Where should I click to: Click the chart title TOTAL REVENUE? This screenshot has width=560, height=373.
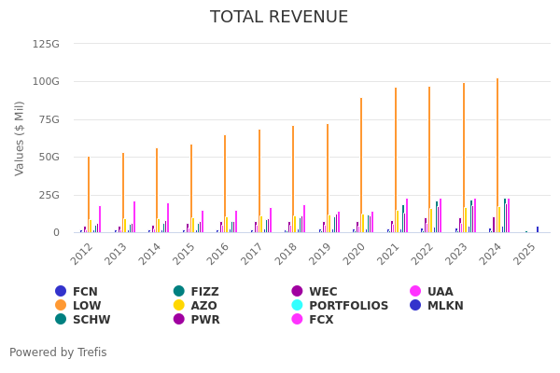point(279,18)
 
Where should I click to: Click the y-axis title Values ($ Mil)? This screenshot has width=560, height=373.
point(20,138)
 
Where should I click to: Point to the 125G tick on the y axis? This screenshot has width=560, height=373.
point(46,44)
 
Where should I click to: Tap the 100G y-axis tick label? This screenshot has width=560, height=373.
point(46,82)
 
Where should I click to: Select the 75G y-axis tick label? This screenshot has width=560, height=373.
point(49,119)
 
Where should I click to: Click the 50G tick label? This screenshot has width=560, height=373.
point(49,158)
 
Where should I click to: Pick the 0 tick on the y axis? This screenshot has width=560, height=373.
point(56,233)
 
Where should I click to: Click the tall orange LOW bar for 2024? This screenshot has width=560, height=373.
point(497,155)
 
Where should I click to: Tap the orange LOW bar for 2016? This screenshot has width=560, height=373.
point(225,184)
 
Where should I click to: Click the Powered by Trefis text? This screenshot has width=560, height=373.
point(58,352)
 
